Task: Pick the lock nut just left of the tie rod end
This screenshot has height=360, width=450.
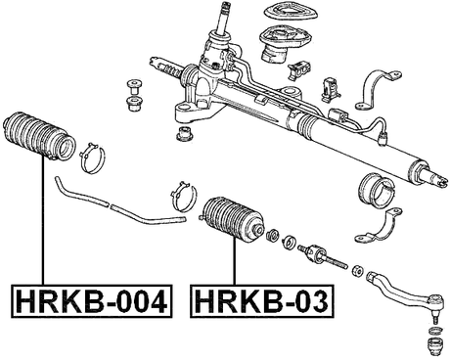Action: pos(358,270)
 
